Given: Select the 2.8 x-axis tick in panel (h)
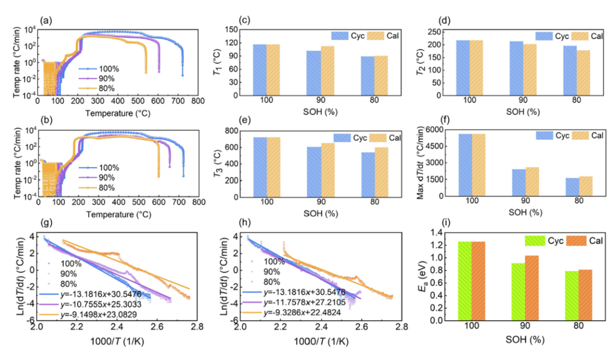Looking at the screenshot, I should tap(401, 329).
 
